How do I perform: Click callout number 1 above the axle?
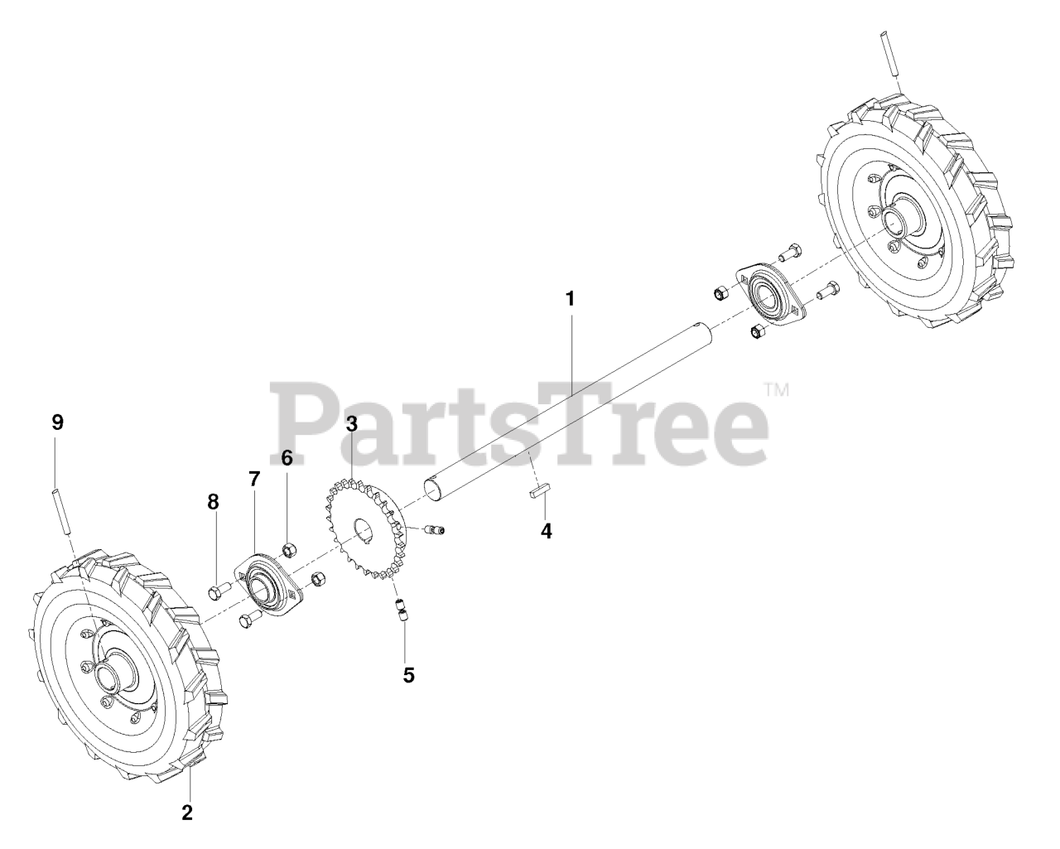570,298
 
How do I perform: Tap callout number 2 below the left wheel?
187,812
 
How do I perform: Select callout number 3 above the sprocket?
352,424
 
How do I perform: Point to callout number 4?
546,530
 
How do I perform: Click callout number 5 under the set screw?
408,674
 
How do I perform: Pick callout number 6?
287,458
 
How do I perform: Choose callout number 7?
254,479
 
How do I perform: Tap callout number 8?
214,501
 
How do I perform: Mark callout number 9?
57,422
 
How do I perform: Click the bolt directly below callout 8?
219,591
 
